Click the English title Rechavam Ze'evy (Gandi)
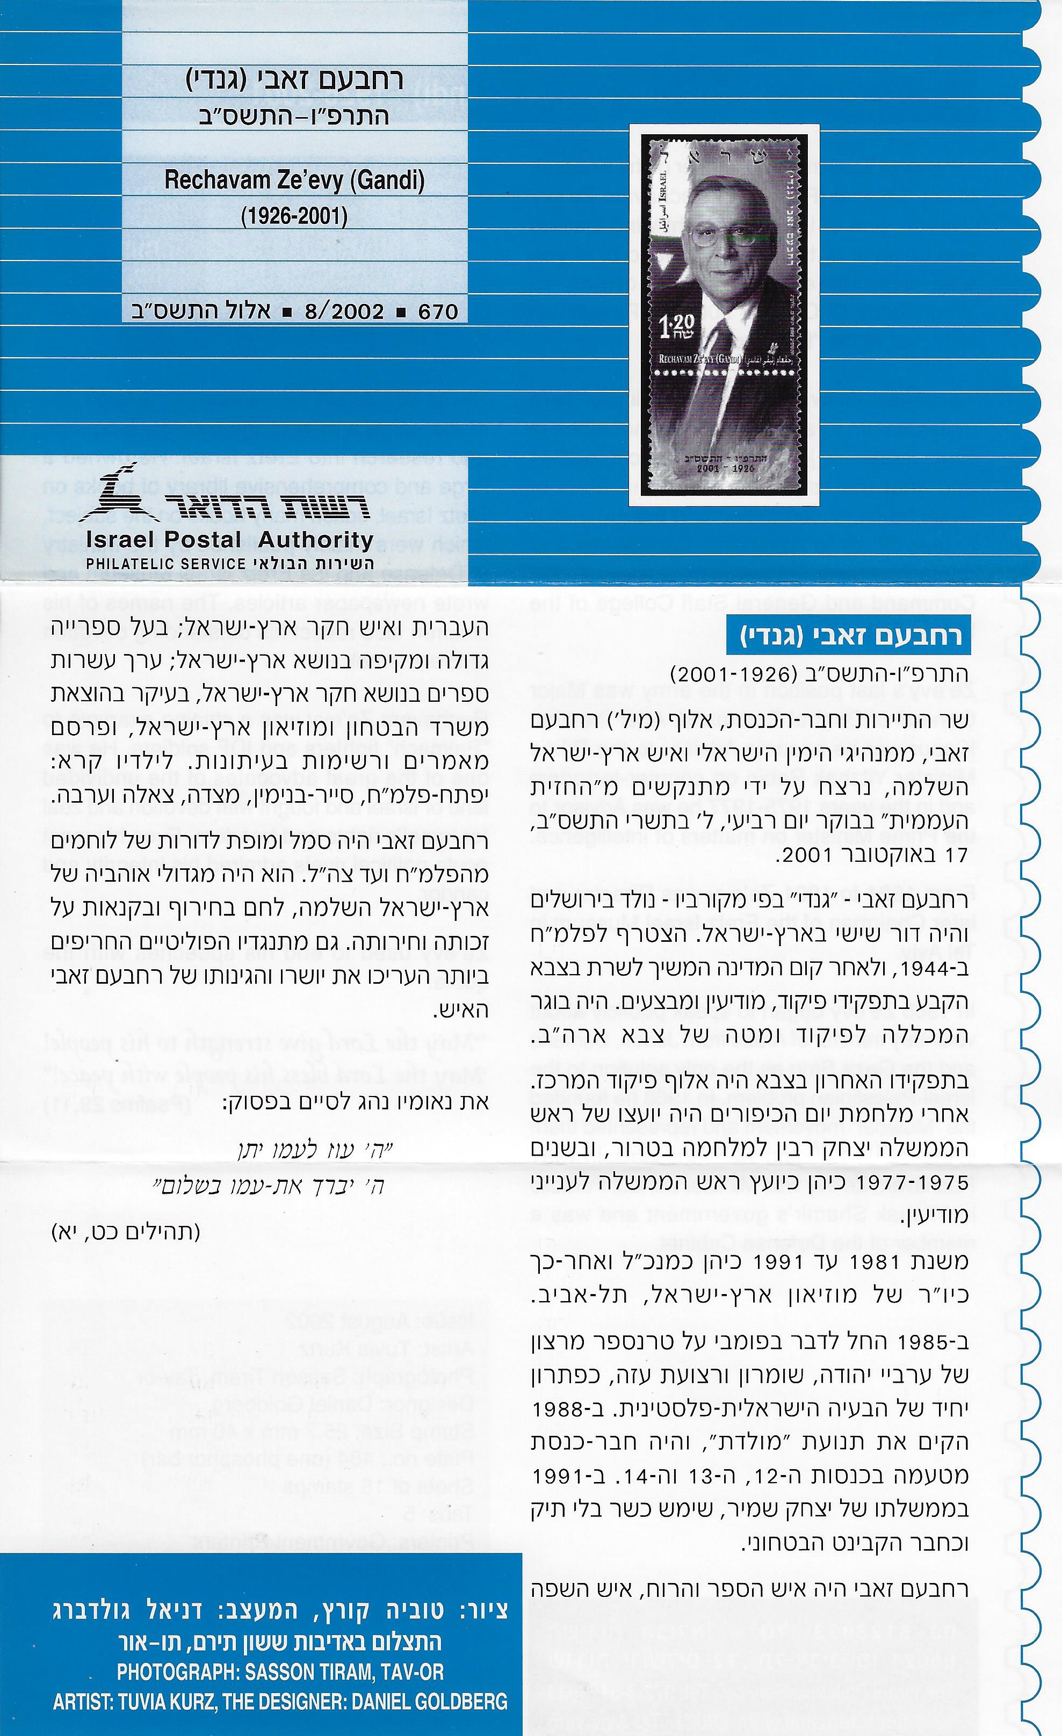pos(294,181)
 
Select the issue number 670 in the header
pos(438,311)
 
